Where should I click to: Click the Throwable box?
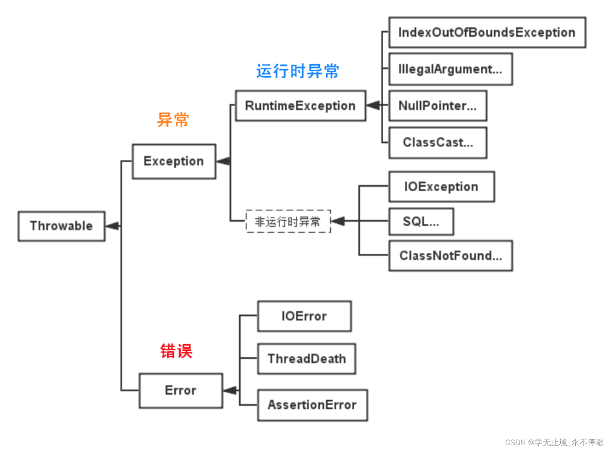click(x=62, y=226)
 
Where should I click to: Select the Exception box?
click(x=174, y=161)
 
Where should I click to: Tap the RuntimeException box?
click(x=301, y=106)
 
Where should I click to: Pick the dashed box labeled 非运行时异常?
click(x=288, y=221)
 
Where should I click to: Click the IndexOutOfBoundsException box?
click(x=487, y=33)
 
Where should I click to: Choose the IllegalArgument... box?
click(x=450, y=69)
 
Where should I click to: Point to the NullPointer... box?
click(x=438, y=106)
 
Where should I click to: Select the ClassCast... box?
click(x=438, y=143)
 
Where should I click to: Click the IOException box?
click(x=441, y=187)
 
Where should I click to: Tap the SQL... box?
click(x=421, y=222)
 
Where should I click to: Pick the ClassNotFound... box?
click(x=450, y=256)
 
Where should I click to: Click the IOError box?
click(x=304, y=316)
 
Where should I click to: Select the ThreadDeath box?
click(x=306, y=359)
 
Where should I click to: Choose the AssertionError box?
click(x=312, y=405)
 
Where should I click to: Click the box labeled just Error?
click(x=181, y=390)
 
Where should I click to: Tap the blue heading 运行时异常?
click(x=298, y=71)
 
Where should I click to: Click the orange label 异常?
click(x=173, y=120)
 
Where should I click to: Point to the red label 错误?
click(x=176, y=351)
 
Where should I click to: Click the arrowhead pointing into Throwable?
click(x=112, y=226)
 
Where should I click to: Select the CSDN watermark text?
click(x=554, y=442)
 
